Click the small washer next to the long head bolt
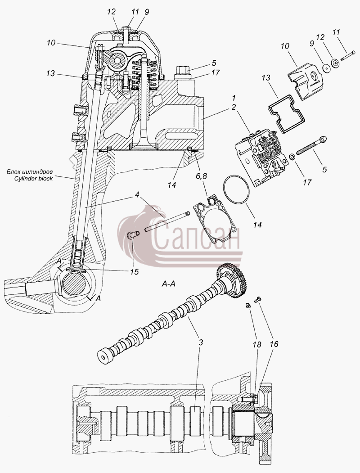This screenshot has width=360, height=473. (292, 157)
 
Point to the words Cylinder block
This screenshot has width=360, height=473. (33, 178)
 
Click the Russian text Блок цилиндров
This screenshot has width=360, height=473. (30, 172)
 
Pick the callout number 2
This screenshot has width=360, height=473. (234, 107)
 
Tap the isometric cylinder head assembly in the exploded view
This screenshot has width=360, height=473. (261, 157)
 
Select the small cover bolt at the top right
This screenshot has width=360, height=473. (346, 56)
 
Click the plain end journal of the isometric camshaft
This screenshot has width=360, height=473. (104, 356)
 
